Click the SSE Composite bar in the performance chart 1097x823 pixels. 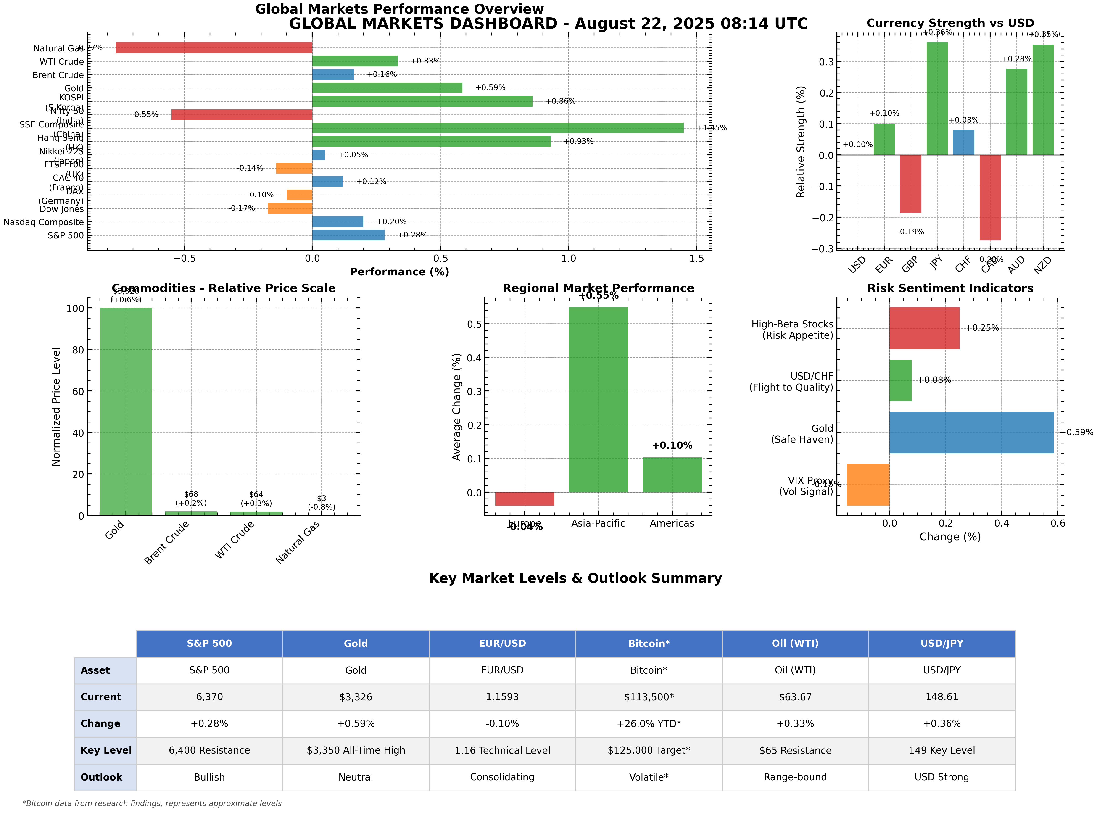coord(497,128)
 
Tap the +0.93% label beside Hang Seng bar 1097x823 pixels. coord(578,141)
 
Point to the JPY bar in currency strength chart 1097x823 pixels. coord(937,99)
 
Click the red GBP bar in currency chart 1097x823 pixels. coord(910,184)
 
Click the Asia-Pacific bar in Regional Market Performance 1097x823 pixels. coord(598,400)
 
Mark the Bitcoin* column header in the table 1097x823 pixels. coord(649,644)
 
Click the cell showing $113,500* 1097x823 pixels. coord(649,697)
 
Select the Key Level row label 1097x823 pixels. coord(106,751)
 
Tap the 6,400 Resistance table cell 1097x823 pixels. coord(209,751)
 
